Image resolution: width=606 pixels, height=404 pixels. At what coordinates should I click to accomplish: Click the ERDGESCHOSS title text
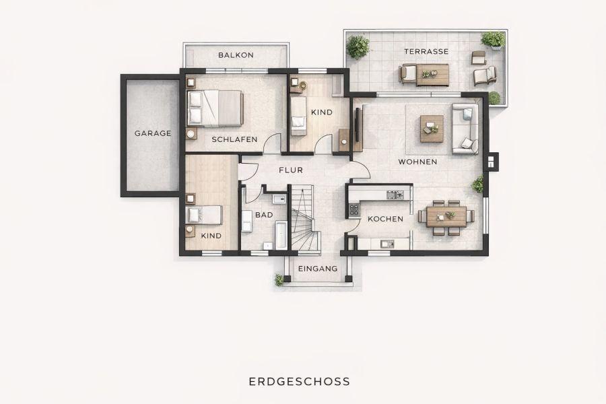point(300,381)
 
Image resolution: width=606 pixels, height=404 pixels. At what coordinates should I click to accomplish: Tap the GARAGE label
point(153,133)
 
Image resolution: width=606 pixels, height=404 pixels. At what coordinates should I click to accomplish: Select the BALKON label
point(236,55)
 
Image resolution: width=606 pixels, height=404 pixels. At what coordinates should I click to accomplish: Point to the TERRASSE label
point(426,51)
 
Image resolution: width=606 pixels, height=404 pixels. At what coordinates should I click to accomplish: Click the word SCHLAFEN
point(234,139)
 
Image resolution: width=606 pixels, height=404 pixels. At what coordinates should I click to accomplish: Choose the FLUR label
point(291,170)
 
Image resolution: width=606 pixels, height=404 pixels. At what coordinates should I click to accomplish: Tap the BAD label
point(264,215)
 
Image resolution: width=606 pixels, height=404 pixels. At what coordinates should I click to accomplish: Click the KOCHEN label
point(385,219)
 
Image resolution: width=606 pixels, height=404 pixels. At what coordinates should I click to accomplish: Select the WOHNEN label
point(417,162)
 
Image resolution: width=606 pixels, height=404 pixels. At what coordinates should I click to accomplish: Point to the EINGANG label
point(318,268)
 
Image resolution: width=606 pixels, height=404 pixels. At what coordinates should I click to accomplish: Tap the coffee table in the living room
point(432,128)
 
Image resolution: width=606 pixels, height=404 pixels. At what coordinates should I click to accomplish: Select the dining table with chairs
point(446,216)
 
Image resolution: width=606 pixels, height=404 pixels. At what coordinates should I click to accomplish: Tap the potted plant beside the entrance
point(279,279)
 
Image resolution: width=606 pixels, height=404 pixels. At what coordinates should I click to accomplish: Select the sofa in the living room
point(465,128)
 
